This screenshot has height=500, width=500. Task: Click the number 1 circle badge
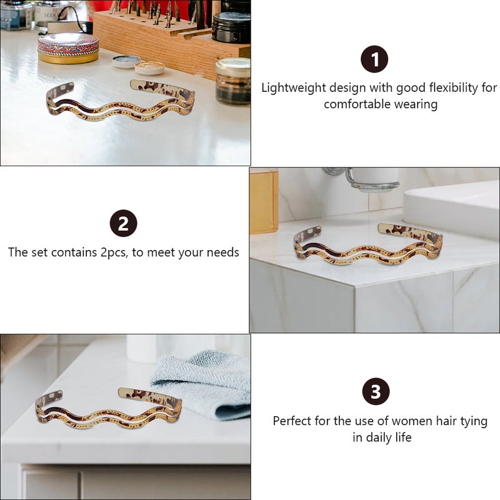click(x=374, y=59)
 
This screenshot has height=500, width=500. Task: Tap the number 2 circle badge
click(x=123, y=223)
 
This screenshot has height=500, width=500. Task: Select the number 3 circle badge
click(x=376, y=391)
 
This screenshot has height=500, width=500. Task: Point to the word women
click(x=410, y=421)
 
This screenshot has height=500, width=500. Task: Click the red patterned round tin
click(x=68, y=48)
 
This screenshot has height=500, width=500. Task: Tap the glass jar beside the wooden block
click(x=233, y=81)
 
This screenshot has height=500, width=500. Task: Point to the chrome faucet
click(x=361, y=179)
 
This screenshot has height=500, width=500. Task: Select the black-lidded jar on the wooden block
click(x=231, y=27)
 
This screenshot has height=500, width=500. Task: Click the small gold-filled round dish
click(x=149, y=67)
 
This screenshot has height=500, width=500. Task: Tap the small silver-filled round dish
click(x=127, y=61)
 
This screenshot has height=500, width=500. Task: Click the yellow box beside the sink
click(x=264, y=201)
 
